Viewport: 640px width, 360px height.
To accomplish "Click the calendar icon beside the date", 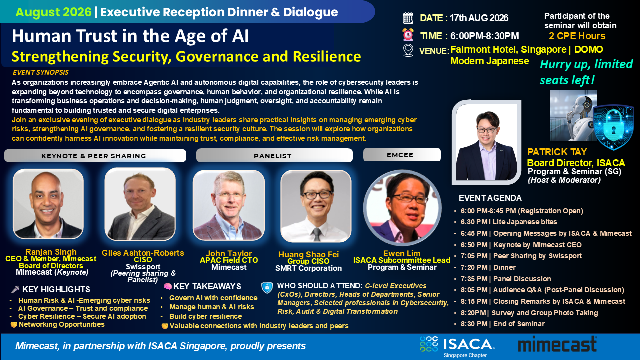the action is pos(408,18).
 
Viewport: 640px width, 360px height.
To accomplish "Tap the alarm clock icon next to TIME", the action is pos(408,35).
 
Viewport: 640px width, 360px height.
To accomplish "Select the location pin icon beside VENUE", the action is pos(408,51).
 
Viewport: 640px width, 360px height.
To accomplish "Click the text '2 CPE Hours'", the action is pos(577,36).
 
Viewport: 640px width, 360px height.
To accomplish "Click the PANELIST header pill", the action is pos(274,155).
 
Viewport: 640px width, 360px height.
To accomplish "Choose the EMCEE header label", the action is pos(402,155).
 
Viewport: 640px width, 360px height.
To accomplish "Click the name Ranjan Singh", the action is pos(51,252).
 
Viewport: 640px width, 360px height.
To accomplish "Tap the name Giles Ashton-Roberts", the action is pos(143,253).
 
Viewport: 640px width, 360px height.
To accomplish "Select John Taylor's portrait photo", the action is pos(229,205).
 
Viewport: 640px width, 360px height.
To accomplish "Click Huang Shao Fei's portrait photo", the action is pos(316,206).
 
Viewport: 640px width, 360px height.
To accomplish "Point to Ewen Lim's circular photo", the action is pos(402,208).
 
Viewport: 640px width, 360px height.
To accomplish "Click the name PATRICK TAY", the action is pos(557,152).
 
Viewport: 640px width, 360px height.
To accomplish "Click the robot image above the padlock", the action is pos(573,115).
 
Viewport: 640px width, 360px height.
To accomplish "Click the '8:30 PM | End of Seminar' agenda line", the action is pos(503,324).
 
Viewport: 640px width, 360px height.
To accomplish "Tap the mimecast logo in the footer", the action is pos(557,344).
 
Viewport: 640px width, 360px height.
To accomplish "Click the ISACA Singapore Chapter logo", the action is pos(457,347).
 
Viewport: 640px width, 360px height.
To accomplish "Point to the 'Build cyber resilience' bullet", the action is pos(205,316).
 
